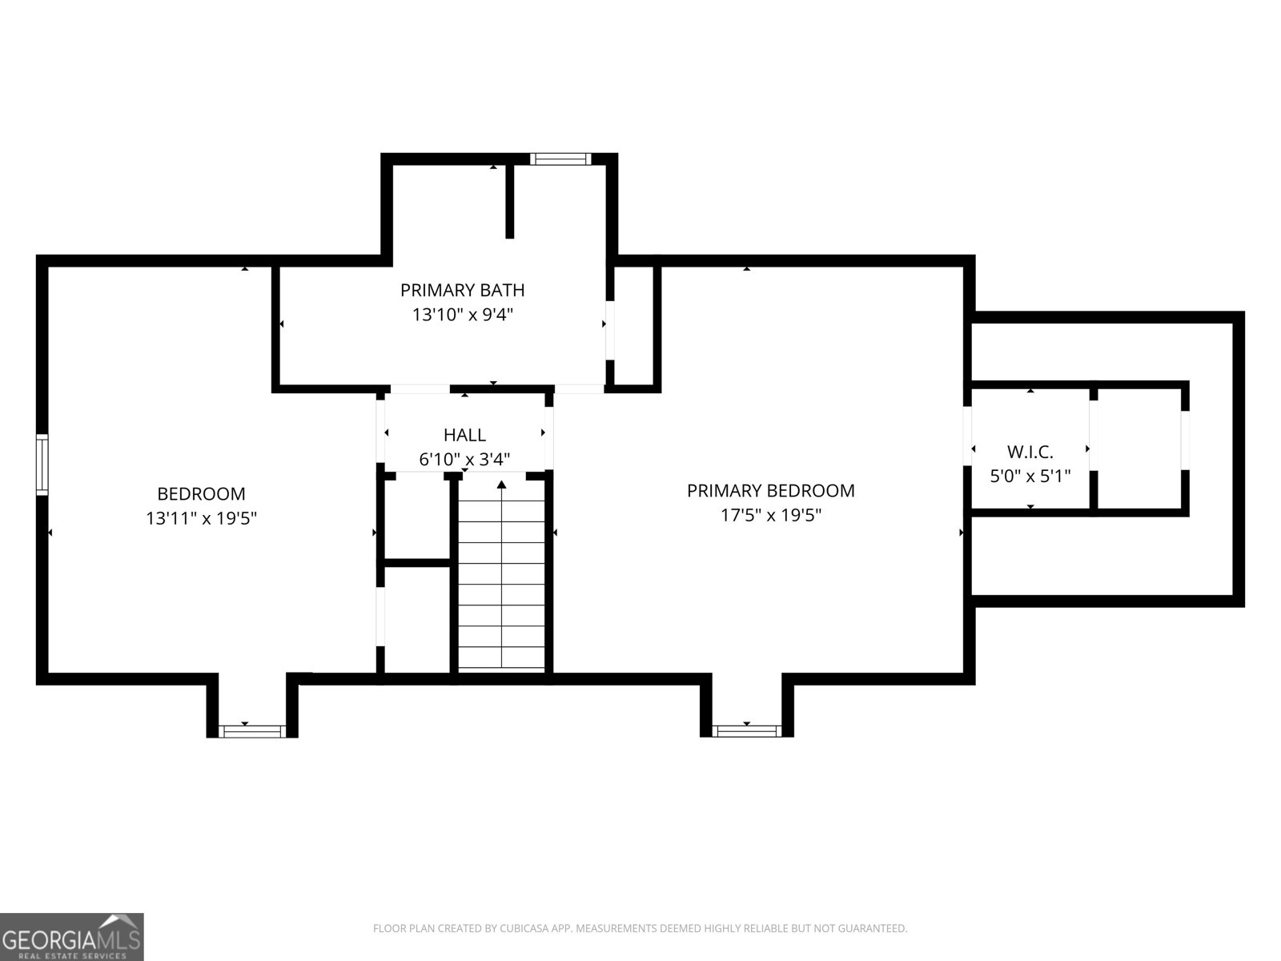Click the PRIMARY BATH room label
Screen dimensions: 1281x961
coord(462,290)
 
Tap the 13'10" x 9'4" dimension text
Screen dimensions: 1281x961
coord(462,315)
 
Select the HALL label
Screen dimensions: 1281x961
coord(464,435)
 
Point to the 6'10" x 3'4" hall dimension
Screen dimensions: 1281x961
coord(464,460)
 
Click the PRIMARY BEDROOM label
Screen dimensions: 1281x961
coord(770,491)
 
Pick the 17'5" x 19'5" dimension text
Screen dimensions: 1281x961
coord(770,515)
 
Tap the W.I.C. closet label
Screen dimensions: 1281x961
coord(1030,452)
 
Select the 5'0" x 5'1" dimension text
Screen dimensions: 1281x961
coord(1030,476)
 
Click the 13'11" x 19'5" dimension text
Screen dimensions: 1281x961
coord(201,518)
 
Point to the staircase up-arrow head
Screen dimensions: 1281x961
coord(501,485)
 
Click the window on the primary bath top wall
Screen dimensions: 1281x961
coord(560,159)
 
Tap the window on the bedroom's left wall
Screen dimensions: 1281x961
coord(42,465)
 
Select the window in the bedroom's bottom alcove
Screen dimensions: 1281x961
coord(252,731)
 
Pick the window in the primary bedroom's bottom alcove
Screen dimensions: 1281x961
coord(746,730)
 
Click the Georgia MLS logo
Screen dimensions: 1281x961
coord(72,937)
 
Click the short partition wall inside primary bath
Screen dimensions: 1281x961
coord(509,201)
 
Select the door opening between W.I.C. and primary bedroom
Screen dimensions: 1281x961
coord(967,436)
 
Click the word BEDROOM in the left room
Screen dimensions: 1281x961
coord(201,494)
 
